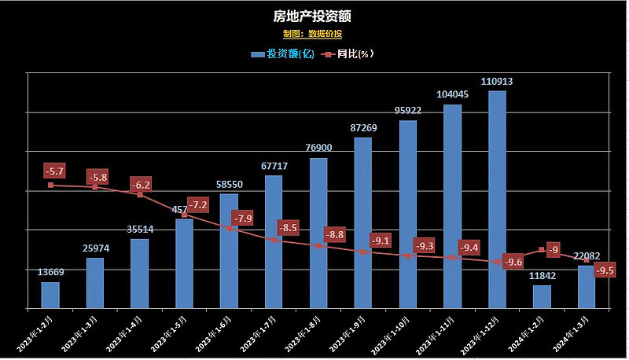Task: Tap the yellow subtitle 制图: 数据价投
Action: (313, 34)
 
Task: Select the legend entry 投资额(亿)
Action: (283, 54)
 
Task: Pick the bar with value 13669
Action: (50, 295)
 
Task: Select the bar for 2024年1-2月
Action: (541, 296)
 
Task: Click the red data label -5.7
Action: (55, 171)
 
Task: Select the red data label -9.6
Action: (513, 262)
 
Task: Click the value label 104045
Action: (452, 94)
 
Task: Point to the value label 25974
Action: (95, 248)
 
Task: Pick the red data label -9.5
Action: (605, 270)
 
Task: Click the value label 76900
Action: (318, 148)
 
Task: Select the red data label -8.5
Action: (288, 228)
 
